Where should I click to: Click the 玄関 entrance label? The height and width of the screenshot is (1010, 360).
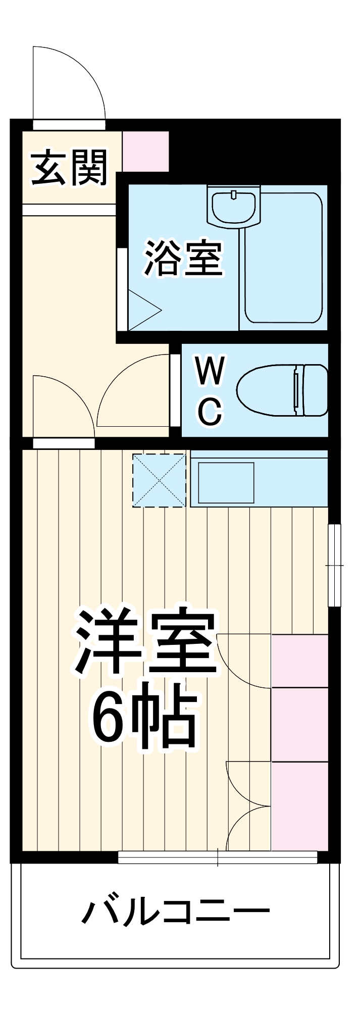(x=69, y=168)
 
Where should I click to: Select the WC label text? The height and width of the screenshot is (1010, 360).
(x=210, y=390)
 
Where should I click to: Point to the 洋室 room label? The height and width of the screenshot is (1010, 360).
(x=146, y=642)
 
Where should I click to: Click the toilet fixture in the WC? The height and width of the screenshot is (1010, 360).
(x=282, y=390)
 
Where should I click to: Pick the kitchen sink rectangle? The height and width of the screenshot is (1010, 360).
(x=226, y=482)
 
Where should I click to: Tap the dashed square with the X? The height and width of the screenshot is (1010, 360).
(x=159, y=480)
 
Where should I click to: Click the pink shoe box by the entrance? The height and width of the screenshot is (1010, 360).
(x=146, y=151)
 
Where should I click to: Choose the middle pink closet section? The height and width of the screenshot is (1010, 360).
(x=300, y=724)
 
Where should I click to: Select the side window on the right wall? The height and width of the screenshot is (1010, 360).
(x=334, y=565)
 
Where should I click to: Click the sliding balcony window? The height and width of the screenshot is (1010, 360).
(x=218, y=857)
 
